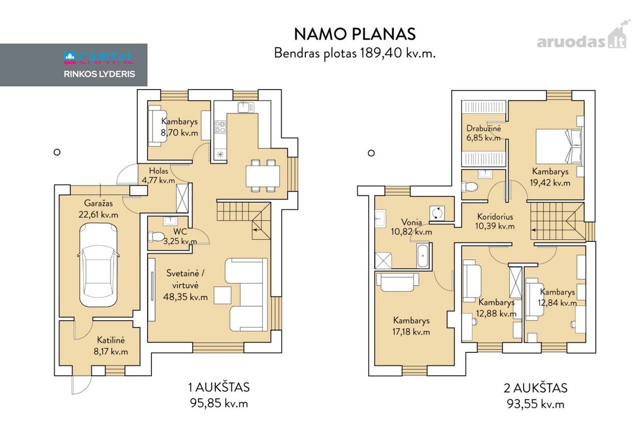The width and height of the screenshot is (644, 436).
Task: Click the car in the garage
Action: coord(98,265)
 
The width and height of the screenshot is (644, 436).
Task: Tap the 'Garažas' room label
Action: coord(98,203)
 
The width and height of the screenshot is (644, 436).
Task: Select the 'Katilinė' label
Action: coord(111,340)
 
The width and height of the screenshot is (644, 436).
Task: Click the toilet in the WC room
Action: coord(156,237)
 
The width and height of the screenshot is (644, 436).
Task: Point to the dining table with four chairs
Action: coord(263,175)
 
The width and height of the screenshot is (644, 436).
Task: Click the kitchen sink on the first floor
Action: coord(246,107)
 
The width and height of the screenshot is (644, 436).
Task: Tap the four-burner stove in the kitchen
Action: coord(220,127)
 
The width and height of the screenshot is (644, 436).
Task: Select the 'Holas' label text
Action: coord(158,171)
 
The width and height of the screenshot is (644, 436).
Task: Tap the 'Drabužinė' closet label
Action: coord(484,128)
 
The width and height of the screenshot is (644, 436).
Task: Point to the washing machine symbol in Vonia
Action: coord(437,213)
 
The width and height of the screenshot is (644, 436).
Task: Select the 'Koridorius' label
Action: coord(495,217)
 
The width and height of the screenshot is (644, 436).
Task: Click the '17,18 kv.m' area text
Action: coord(411,332)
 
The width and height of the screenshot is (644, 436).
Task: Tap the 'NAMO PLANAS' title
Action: coord(355,34)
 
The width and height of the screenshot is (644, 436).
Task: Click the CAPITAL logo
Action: coord(99,58)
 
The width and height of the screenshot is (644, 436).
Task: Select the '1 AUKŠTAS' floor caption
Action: coord(219,387)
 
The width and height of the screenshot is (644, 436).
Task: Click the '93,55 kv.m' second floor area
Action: coord(536,404)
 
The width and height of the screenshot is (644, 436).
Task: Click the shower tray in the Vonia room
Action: coord(383,261)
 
